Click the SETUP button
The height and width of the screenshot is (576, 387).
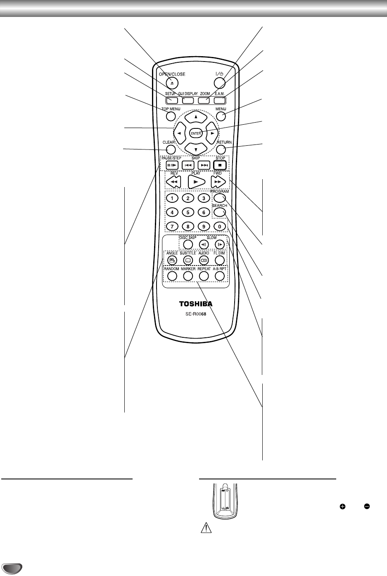172,100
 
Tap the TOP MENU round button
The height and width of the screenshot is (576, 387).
171,116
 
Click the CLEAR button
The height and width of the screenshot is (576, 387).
170,149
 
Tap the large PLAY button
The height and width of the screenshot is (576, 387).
196,181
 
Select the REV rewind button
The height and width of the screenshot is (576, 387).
174,181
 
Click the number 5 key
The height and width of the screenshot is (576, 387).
188,213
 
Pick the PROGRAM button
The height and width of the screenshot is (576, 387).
219,198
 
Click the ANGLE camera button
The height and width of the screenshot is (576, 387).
172,260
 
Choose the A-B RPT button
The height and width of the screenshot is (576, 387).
220,276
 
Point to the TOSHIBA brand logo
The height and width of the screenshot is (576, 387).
195,304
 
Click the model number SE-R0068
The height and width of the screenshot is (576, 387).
195,314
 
